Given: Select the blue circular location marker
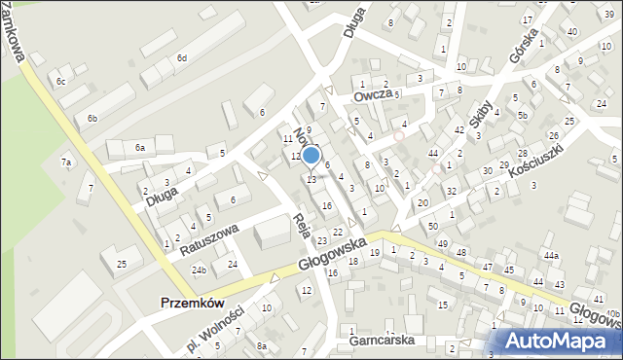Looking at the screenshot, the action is pos(311,155).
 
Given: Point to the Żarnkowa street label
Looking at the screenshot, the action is pos(15,30).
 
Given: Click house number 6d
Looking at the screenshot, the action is pos(181,58).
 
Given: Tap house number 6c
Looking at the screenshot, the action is pos(60,81).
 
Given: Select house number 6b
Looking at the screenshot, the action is pos(92,118).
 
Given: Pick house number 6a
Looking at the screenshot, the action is pos(140,147).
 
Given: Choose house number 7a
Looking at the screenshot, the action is pos(66,162).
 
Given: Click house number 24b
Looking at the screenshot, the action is pos(199,270).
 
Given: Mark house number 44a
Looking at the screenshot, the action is pos(552,255).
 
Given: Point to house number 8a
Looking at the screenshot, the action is pos(261,345).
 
